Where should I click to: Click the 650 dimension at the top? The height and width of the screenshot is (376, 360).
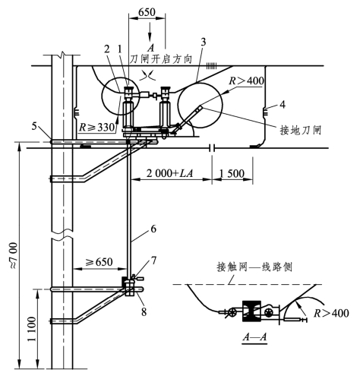147,11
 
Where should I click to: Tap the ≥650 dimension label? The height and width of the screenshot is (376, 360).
99,262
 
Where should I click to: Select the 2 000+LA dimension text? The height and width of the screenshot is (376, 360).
170,173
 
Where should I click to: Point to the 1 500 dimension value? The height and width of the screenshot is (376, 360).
232,173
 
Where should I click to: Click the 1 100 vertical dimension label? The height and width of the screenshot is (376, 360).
32,329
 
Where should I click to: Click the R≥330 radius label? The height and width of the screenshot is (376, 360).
97,128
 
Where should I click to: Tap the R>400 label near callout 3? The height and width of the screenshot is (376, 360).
246,81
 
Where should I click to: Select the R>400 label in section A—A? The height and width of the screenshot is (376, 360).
331,313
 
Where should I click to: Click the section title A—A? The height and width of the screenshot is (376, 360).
254,337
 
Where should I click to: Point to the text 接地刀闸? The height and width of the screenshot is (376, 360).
301,130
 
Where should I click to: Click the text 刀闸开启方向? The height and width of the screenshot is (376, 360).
161,59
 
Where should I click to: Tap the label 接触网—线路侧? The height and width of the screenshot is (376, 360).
254,267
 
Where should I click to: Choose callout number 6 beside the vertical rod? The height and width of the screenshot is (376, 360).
153,229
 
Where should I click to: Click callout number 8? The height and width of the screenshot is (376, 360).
144,311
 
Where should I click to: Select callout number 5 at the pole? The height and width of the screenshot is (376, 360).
35,126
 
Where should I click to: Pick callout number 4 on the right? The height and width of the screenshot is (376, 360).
283,104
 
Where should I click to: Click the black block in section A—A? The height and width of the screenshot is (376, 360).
251,311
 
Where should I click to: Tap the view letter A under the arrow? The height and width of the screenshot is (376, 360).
150,47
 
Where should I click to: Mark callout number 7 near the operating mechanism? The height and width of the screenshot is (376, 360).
153,261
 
